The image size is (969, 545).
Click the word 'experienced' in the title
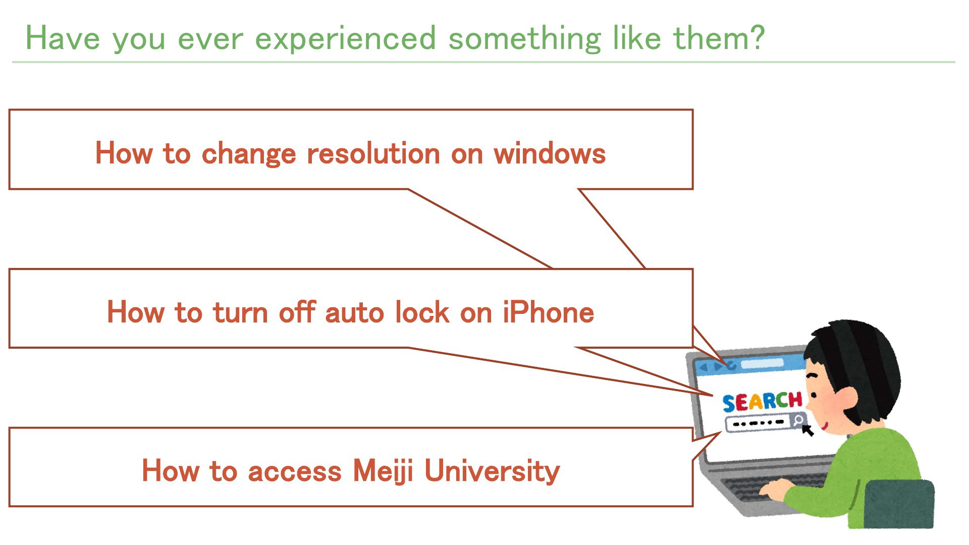coord(353,39)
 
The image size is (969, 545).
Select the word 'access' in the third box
coord(295,471)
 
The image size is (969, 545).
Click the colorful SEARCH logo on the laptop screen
coord(762,402)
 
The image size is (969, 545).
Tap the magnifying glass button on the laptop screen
coord(798,420)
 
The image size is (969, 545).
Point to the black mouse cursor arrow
coord(807,430)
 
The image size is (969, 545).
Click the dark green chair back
coord(899,504)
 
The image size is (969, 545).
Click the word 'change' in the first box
coord(249,154)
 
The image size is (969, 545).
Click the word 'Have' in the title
coord(63,38)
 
